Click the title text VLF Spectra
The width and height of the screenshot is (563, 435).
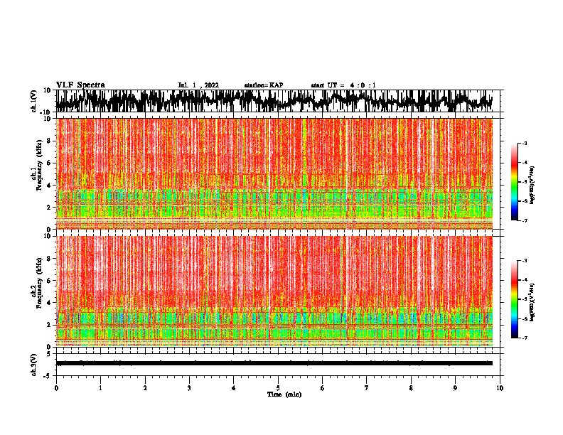tap(80, 85)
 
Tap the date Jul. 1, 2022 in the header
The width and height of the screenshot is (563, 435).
tap(198, 85)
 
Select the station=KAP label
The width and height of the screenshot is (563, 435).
tap(264, 85)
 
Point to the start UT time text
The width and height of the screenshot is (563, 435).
tap(343, 85)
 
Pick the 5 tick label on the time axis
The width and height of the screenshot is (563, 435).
tap(278, 388)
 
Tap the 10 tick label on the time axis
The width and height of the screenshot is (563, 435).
tap(500, 388)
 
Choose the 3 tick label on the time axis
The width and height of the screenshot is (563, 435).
tap(189, 388)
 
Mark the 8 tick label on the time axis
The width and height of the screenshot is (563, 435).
tap(411, 388)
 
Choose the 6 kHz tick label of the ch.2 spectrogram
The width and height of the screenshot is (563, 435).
tap(50, 280)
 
